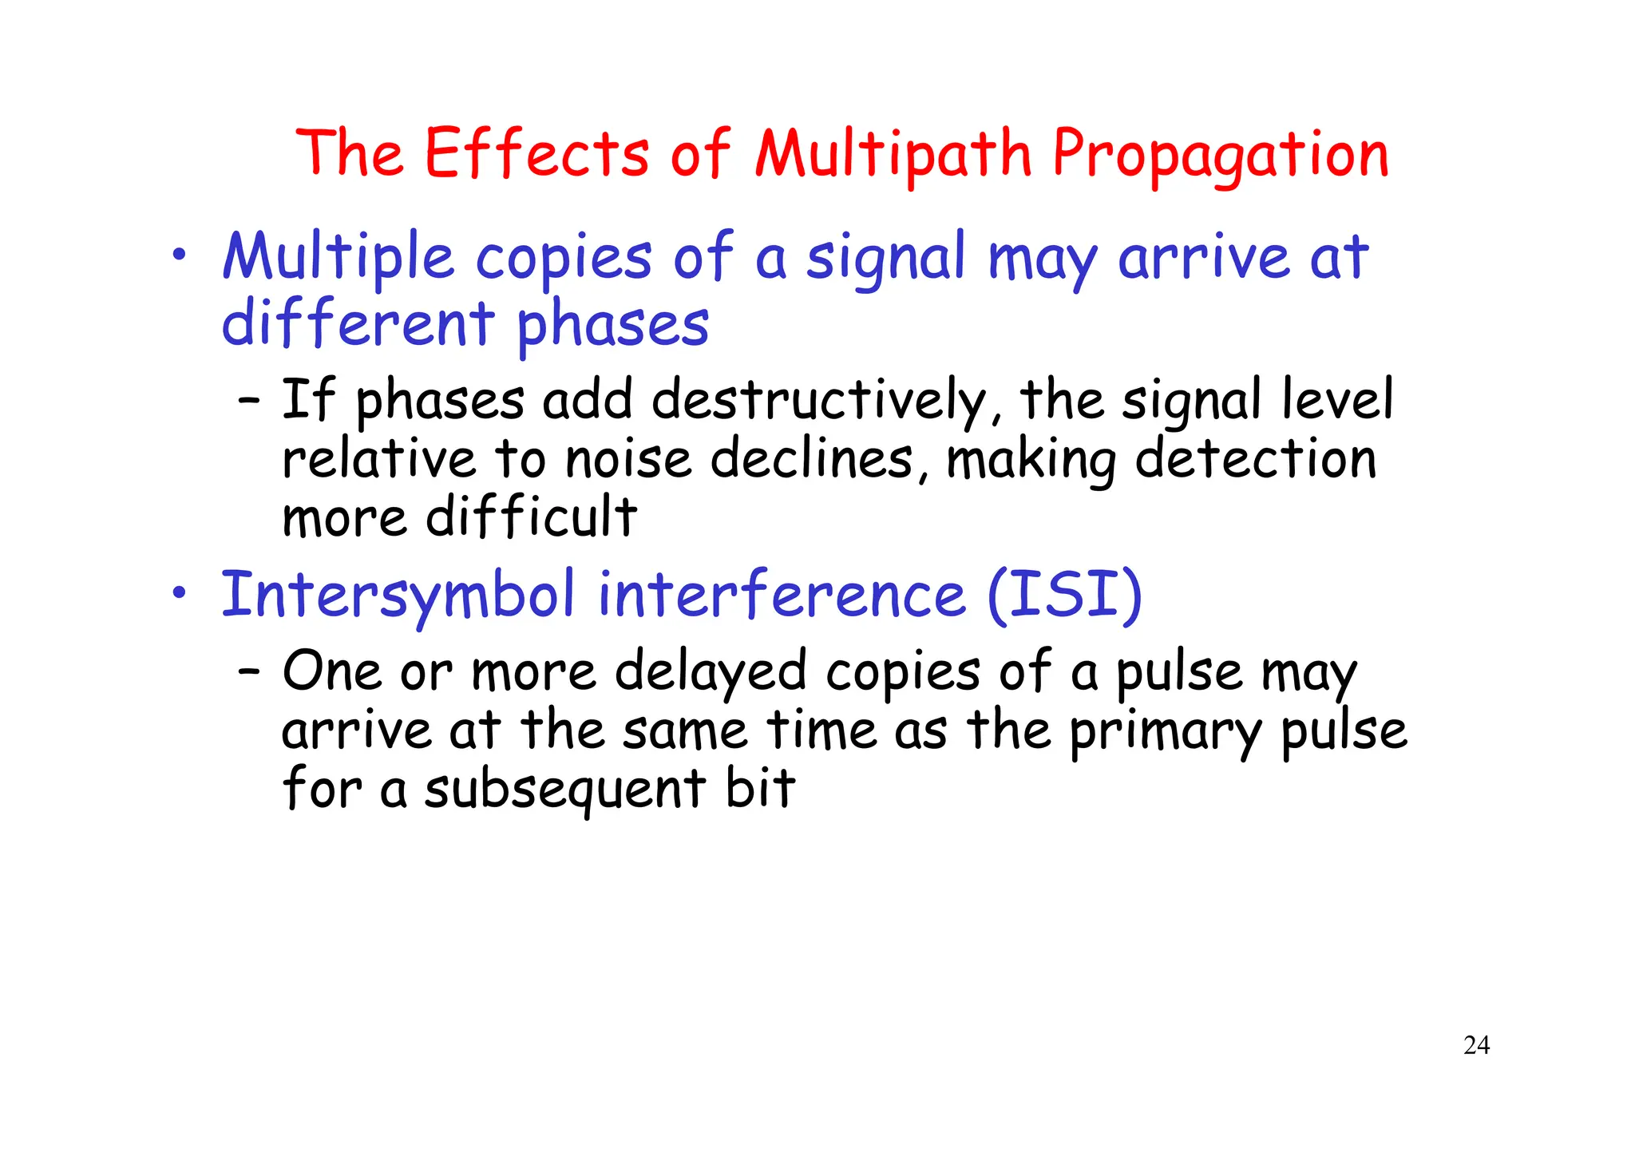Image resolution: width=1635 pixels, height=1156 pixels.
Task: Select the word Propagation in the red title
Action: point(1221,156)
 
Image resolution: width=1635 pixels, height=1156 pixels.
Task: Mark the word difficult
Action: point(531,517)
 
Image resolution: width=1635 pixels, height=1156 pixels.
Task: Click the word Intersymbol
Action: point(398,596)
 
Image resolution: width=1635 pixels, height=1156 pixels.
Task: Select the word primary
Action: point(1166,731)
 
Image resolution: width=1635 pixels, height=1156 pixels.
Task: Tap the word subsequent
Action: point(564,790)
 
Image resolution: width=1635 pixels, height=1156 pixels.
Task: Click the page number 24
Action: point(1476,1046)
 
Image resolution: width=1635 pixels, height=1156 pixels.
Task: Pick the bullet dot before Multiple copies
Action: point(180,255)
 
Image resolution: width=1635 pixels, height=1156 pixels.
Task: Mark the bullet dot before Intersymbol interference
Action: point(180,594)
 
